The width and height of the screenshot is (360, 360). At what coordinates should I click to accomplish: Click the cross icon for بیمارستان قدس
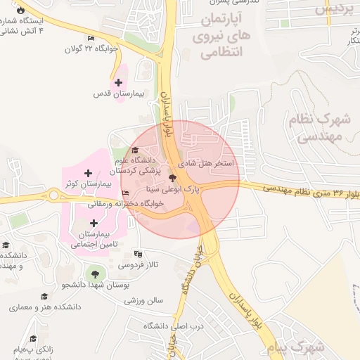click(x=118, y=83)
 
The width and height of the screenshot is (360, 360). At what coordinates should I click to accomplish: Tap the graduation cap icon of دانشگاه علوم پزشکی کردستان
click(x=135, y=150)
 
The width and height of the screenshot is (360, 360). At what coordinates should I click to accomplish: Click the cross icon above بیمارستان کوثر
click(x=87, y=173)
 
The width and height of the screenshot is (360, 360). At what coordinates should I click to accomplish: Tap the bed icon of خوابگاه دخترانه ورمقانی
click(x=126, y=193)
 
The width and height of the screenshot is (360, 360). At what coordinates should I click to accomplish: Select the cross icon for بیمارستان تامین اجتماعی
click(x=94, y=223)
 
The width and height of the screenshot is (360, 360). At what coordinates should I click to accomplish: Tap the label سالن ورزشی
click(x=144, y=300)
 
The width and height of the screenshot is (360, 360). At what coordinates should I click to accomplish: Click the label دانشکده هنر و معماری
click(x=45, y=307)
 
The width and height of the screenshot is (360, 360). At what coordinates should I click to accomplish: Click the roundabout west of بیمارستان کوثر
click(x=53, y=195)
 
